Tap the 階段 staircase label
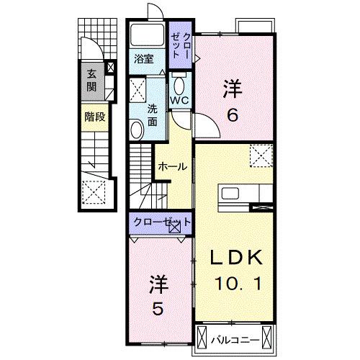[x=94, y=117]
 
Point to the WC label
[x=179, y=100]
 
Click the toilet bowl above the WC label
[x=179, y=84]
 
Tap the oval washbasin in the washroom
[x=136, y=130]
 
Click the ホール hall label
[x=172, y=166]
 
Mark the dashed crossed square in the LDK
[x=259, y=155]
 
